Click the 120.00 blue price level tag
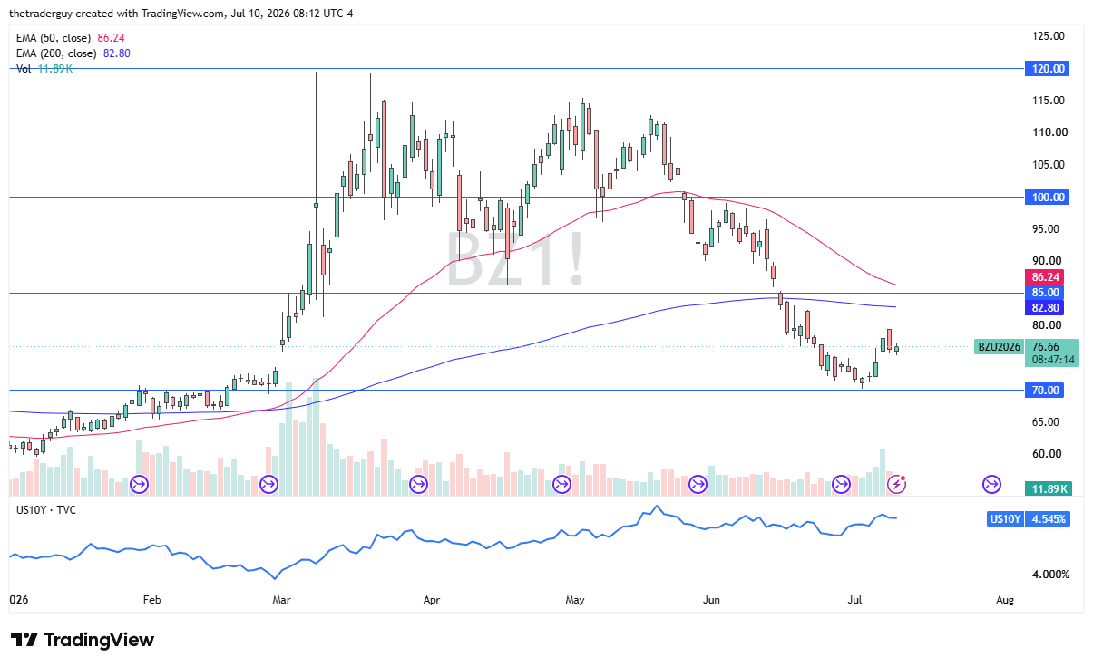tap(1047, 68)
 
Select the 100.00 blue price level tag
tap(1047, 197)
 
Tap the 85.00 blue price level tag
tap(1045, 293)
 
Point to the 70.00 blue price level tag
tap(1045, 390)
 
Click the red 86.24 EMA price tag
tap(1045, 277)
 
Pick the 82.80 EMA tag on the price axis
tap(1045, 307)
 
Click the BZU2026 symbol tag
tap(999, 347)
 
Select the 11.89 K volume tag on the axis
tap(1049, 488)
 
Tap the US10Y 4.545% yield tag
tap(1029, 518)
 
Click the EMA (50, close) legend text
tap(54, 38)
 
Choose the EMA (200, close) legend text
tap(56, 53)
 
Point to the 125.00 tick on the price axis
tap(1049, 36)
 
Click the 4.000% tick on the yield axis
tap(1050, 575)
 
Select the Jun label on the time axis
tap(711, 600)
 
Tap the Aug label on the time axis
tap(1005, 600)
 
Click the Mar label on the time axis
tap(281, 600)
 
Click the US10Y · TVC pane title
tap(46, 510)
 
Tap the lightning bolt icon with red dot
tap(897, 484)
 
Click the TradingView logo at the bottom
tap(82, 640)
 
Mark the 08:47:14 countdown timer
tap(1053, 360)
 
